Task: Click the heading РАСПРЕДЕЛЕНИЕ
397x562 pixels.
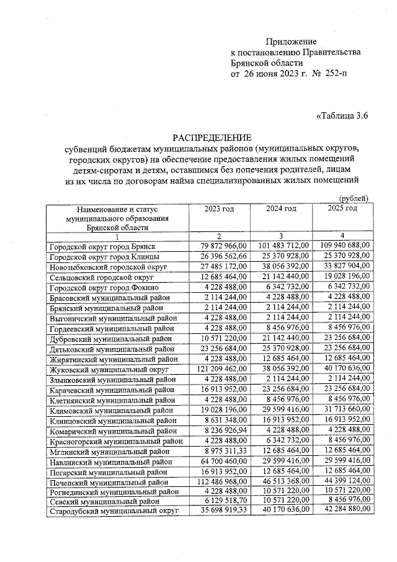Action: (212, 137)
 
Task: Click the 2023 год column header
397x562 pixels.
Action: (219, 208)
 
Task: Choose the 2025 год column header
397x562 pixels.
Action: (342, 208)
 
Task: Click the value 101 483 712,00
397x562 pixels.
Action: (281, 246)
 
